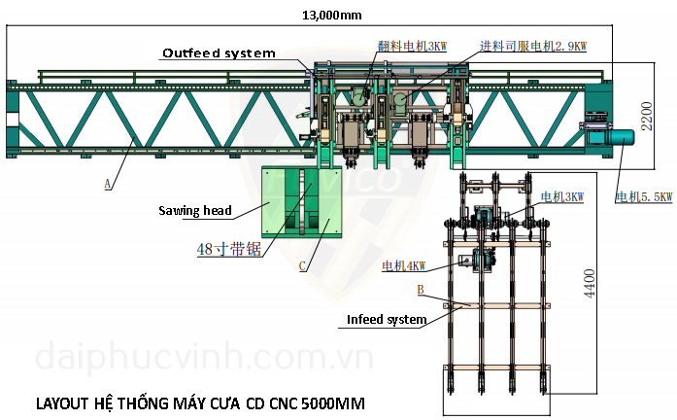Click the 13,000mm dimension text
[x=331, y=16]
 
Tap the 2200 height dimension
[x=646, y=116]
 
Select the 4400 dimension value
[x=590, y=284]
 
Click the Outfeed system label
[x=219, y=53]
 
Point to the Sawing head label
[x=195, y=210]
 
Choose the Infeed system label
[x=387, y=319]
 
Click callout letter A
[x=108, y=184]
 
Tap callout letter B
[x=421, y=290]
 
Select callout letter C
[x=302, y=266]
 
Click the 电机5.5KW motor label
[x=644, y=197]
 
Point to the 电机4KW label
[x=404, y=265]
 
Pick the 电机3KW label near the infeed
[x=562, y=197]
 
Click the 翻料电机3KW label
[x=413, y=46]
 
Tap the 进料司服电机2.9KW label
[x=533, y=46]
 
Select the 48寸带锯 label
[x=229, y=249]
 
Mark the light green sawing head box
[x=302, y=202]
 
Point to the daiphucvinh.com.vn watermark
[x=205, y=358]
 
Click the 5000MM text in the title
[x=333, y=403]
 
